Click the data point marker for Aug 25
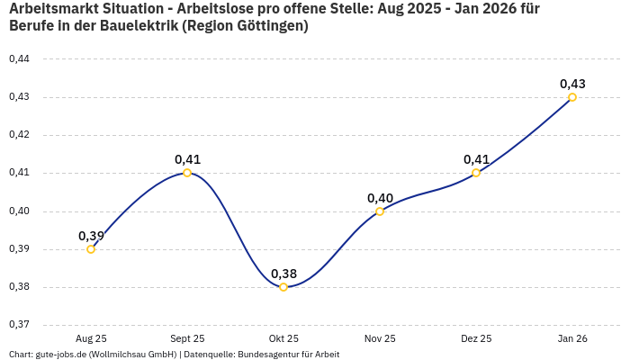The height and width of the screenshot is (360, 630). pyautogui.click(x=91, y=249)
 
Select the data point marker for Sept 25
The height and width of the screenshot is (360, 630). pyautogui.click(x=187, y=173)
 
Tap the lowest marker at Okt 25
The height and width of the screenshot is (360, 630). pyautogui.click(x=283, y=287)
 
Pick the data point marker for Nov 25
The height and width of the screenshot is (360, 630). pyautogui.click(x=380, y=211)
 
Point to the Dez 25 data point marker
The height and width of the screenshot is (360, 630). pyautogui.click(x=476, y=173)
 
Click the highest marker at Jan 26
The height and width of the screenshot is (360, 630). pyautogui.click(x=572, y=97)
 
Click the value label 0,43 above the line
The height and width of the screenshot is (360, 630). pyautogui.click(x=572, y=84)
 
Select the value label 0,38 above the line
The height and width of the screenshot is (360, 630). pyautogui.click(x=283, y=274)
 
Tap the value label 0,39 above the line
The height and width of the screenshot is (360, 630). pyautogui.click(x=91, y=236)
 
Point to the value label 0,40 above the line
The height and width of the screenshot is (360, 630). pyautogui.click(x=380, y=198)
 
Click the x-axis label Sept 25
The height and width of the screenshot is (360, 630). pyautogui.click(x=187, y=338)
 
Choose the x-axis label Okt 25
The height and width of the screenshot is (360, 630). pyautogui.click(x=283, y=338)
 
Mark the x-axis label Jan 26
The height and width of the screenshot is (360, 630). pyautogui.click(x=572, y=338)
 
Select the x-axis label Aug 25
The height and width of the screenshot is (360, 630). pyautogui.click(x=91, y=338)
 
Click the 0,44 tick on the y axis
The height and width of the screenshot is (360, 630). pyautogui.click(x=19, y=59)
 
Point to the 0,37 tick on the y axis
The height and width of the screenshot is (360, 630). pyautogui.click(x=19, y=325)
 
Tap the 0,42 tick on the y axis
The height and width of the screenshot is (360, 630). pyautogui.click(x=19, y=135)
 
